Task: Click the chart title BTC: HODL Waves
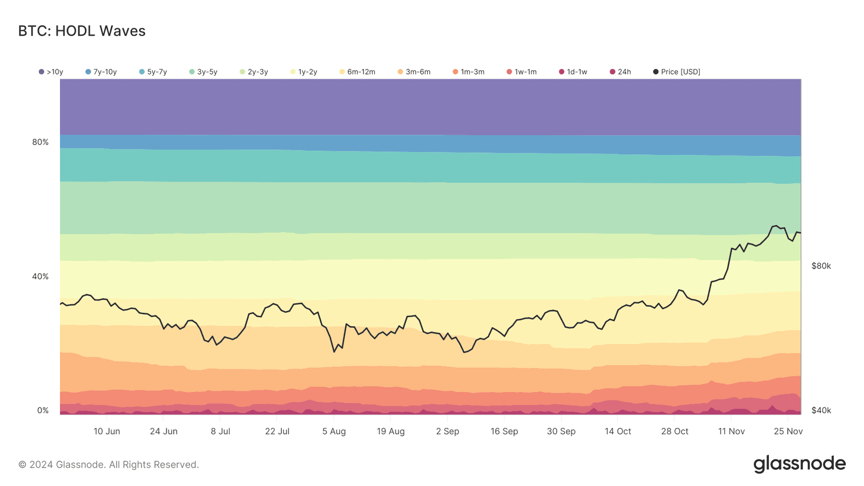[82, 31]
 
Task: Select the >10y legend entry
[51, 72]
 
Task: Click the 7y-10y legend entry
[102, 72]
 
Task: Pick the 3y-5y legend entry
[204, 72]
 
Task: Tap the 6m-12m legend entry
[357, 72]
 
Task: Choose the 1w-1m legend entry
[522, 72]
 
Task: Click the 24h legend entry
[620, 72]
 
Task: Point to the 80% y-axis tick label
[40, 142]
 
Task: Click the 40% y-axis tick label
[40, 276]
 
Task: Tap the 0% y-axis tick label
[43, 410]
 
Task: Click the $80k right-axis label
[821, 266]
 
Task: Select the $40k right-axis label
[821, 410]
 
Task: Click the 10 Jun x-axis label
[107, 431]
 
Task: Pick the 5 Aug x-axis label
[334, 431]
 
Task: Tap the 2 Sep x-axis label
[448, 431]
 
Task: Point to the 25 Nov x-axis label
[788, 431]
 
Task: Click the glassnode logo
[799, 464]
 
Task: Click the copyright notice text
[109, 464]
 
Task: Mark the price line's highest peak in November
[776, 226]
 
